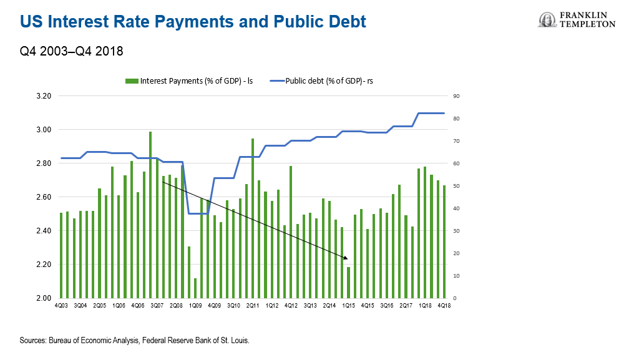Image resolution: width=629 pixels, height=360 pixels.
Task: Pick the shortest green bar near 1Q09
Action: tap(195, 288)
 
